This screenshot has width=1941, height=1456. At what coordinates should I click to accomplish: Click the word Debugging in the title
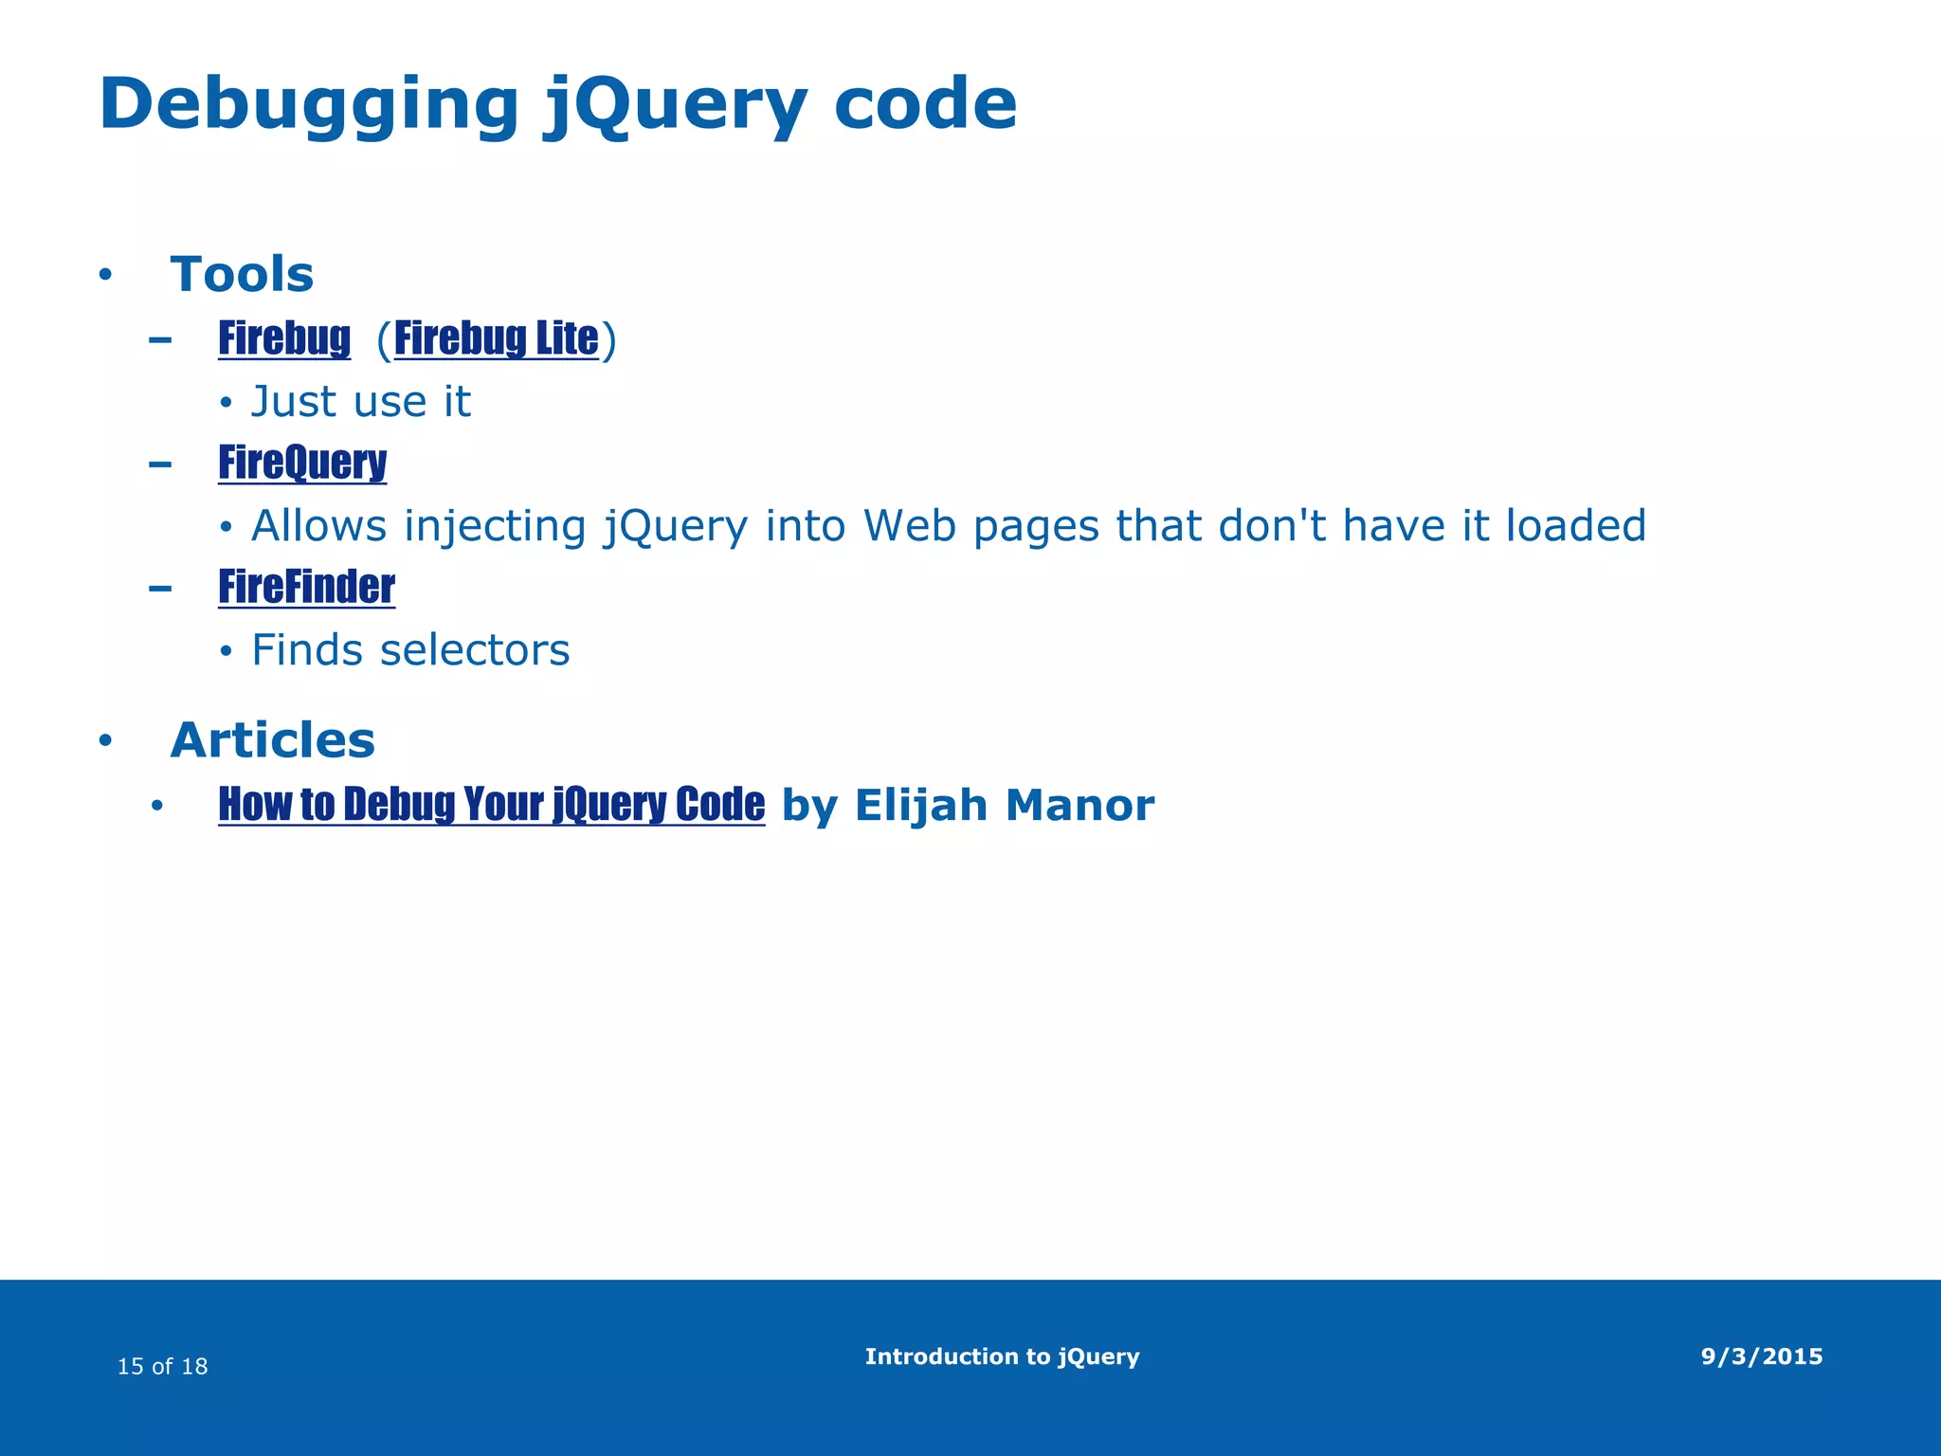pyautogui.click(x=309, y=104)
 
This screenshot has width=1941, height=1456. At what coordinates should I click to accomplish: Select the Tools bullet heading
pyautogui.click(x=242, y=275)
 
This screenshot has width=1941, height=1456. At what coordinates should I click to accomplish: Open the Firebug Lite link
pyautogui.click(x=496, y=339)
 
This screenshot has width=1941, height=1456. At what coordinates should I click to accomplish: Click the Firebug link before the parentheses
pyautogui.click(x=284, y=339)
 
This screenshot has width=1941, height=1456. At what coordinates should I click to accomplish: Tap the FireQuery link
pyautogui.click(x=302, y=464)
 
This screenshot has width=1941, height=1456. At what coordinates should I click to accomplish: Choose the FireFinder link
pyautogui.click(x=306, y=588)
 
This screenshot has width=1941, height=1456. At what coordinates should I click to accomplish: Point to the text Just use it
pyautogui.click(x=360, y=402)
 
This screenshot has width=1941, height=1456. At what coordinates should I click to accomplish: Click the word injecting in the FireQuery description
pyautogui.click(x=495, y=526)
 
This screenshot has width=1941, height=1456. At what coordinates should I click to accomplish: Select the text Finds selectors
pyautogui.click(x=410, y=650)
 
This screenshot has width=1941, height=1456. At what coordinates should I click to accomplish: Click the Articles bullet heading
pyautogui.click(x=272, y=740)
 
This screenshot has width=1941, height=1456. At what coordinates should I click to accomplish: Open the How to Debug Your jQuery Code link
pyautogui.click(x=491, y=805)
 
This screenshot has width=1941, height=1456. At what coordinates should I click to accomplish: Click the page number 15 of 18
pyautogui.click(x=162, y=1366)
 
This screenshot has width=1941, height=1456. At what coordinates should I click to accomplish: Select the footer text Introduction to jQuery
pyautogui.click(x=1002, y=1356)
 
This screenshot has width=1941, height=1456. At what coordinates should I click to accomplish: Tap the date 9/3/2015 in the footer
pyautogui.click(x=1761, y=1356)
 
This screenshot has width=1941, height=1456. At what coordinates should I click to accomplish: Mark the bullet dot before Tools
pyautogui.click(x=105, y=276)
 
